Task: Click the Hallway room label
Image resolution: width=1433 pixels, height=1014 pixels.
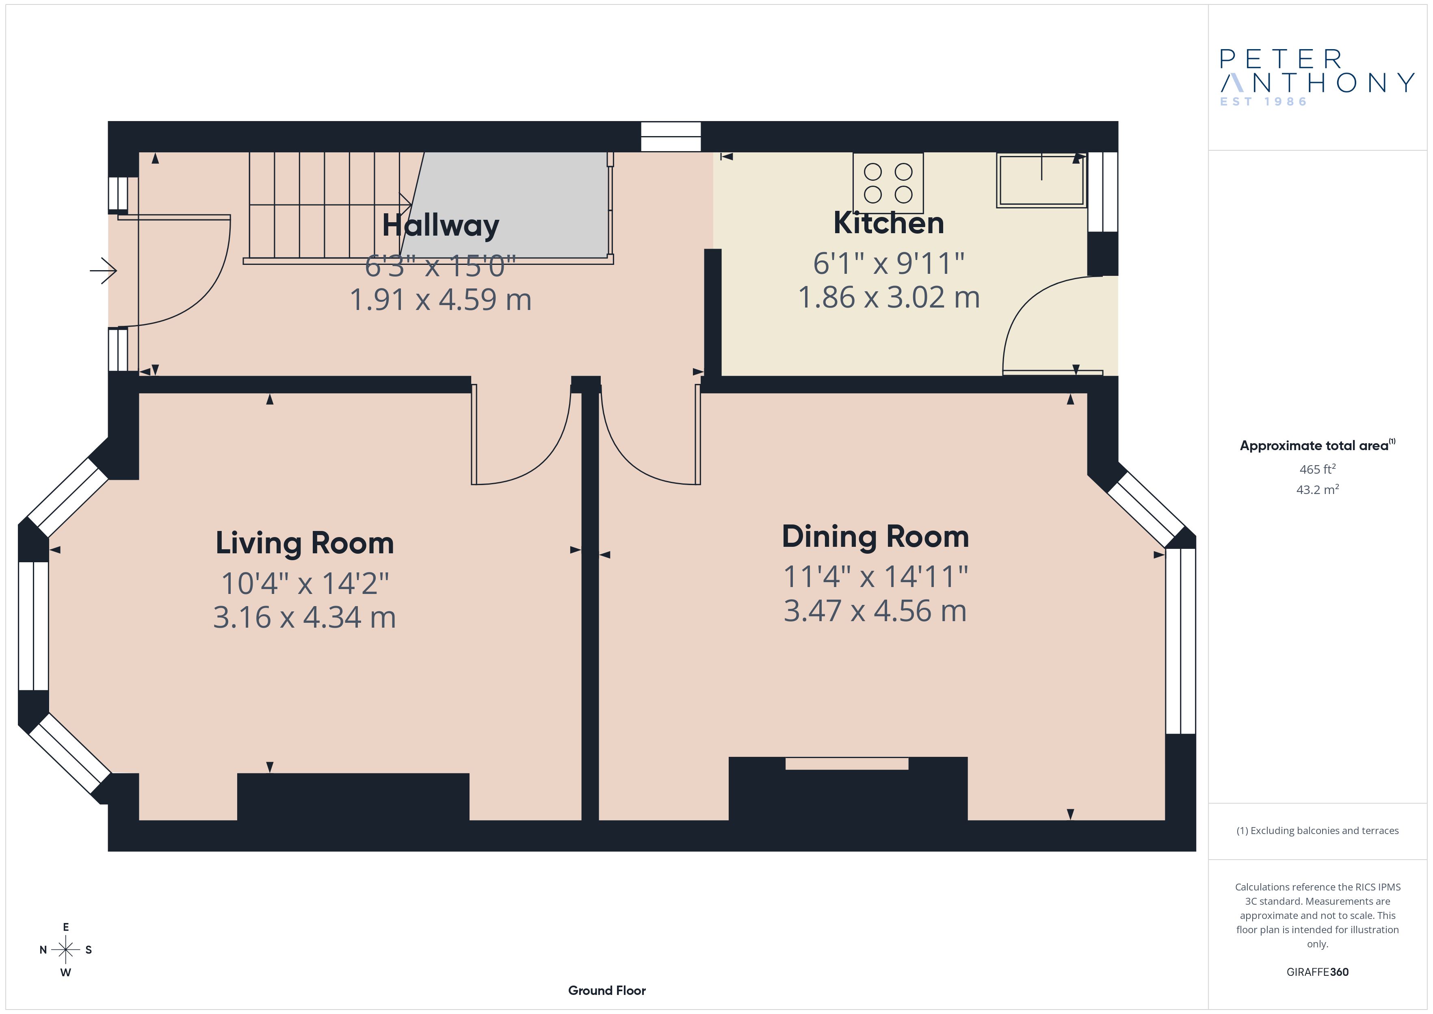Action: [441, 225]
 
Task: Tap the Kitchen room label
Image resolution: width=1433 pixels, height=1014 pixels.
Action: [889, 223]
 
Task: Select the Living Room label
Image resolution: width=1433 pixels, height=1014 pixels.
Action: [305, 543]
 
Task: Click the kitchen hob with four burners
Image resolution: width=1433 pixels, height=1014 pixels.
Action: [888, 183]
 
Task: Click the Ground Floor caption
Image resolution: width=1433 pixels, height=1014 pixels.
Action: [607, 990]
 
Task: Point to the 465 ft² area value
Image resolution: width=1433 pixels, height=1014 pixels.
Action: [1318, 469]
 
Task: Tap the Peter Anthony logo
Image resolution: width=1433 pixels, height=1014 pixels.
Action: [1317, 78]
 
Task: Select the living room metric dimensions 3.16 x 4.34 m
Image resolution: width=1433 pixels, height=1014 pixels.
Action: [305, 617]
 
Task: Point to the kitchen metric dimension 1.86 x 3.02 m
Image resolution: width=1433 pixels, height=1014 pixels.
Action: [889, 297]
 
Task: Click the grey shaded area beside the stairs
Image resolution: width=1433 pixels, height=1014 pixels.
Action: [509, 205]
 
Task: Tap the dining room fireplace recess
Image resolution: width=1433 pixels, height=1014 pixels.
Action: [847, 764]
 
